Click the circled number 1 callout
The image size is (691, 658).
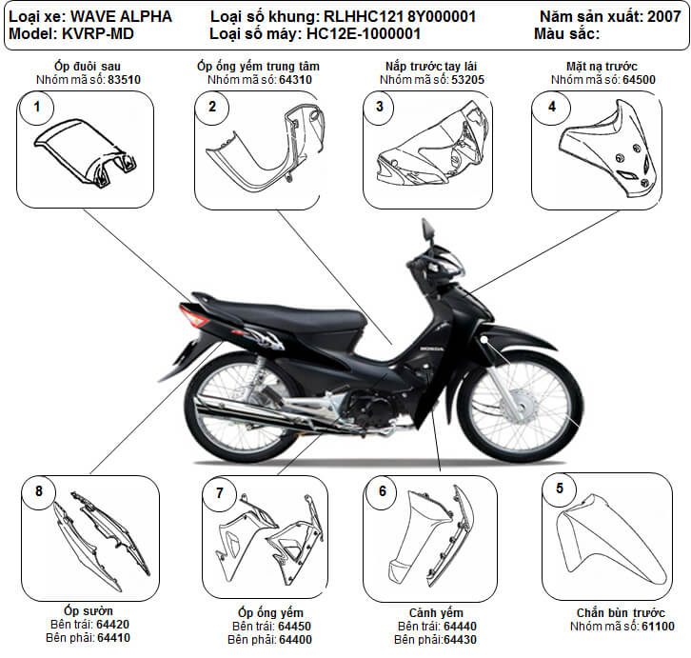point(37,108)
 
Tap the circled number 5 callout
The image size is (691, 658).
point(559,489)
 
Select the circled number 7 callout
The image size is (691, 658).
point(220,492)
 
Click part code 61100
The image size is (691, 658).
point(657,626)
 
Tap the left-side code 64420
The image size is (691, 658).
point(112,624)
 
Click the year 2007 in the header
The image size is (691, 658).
point(663,17)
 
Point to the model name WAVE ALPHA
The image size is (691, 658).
point(122,17)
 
